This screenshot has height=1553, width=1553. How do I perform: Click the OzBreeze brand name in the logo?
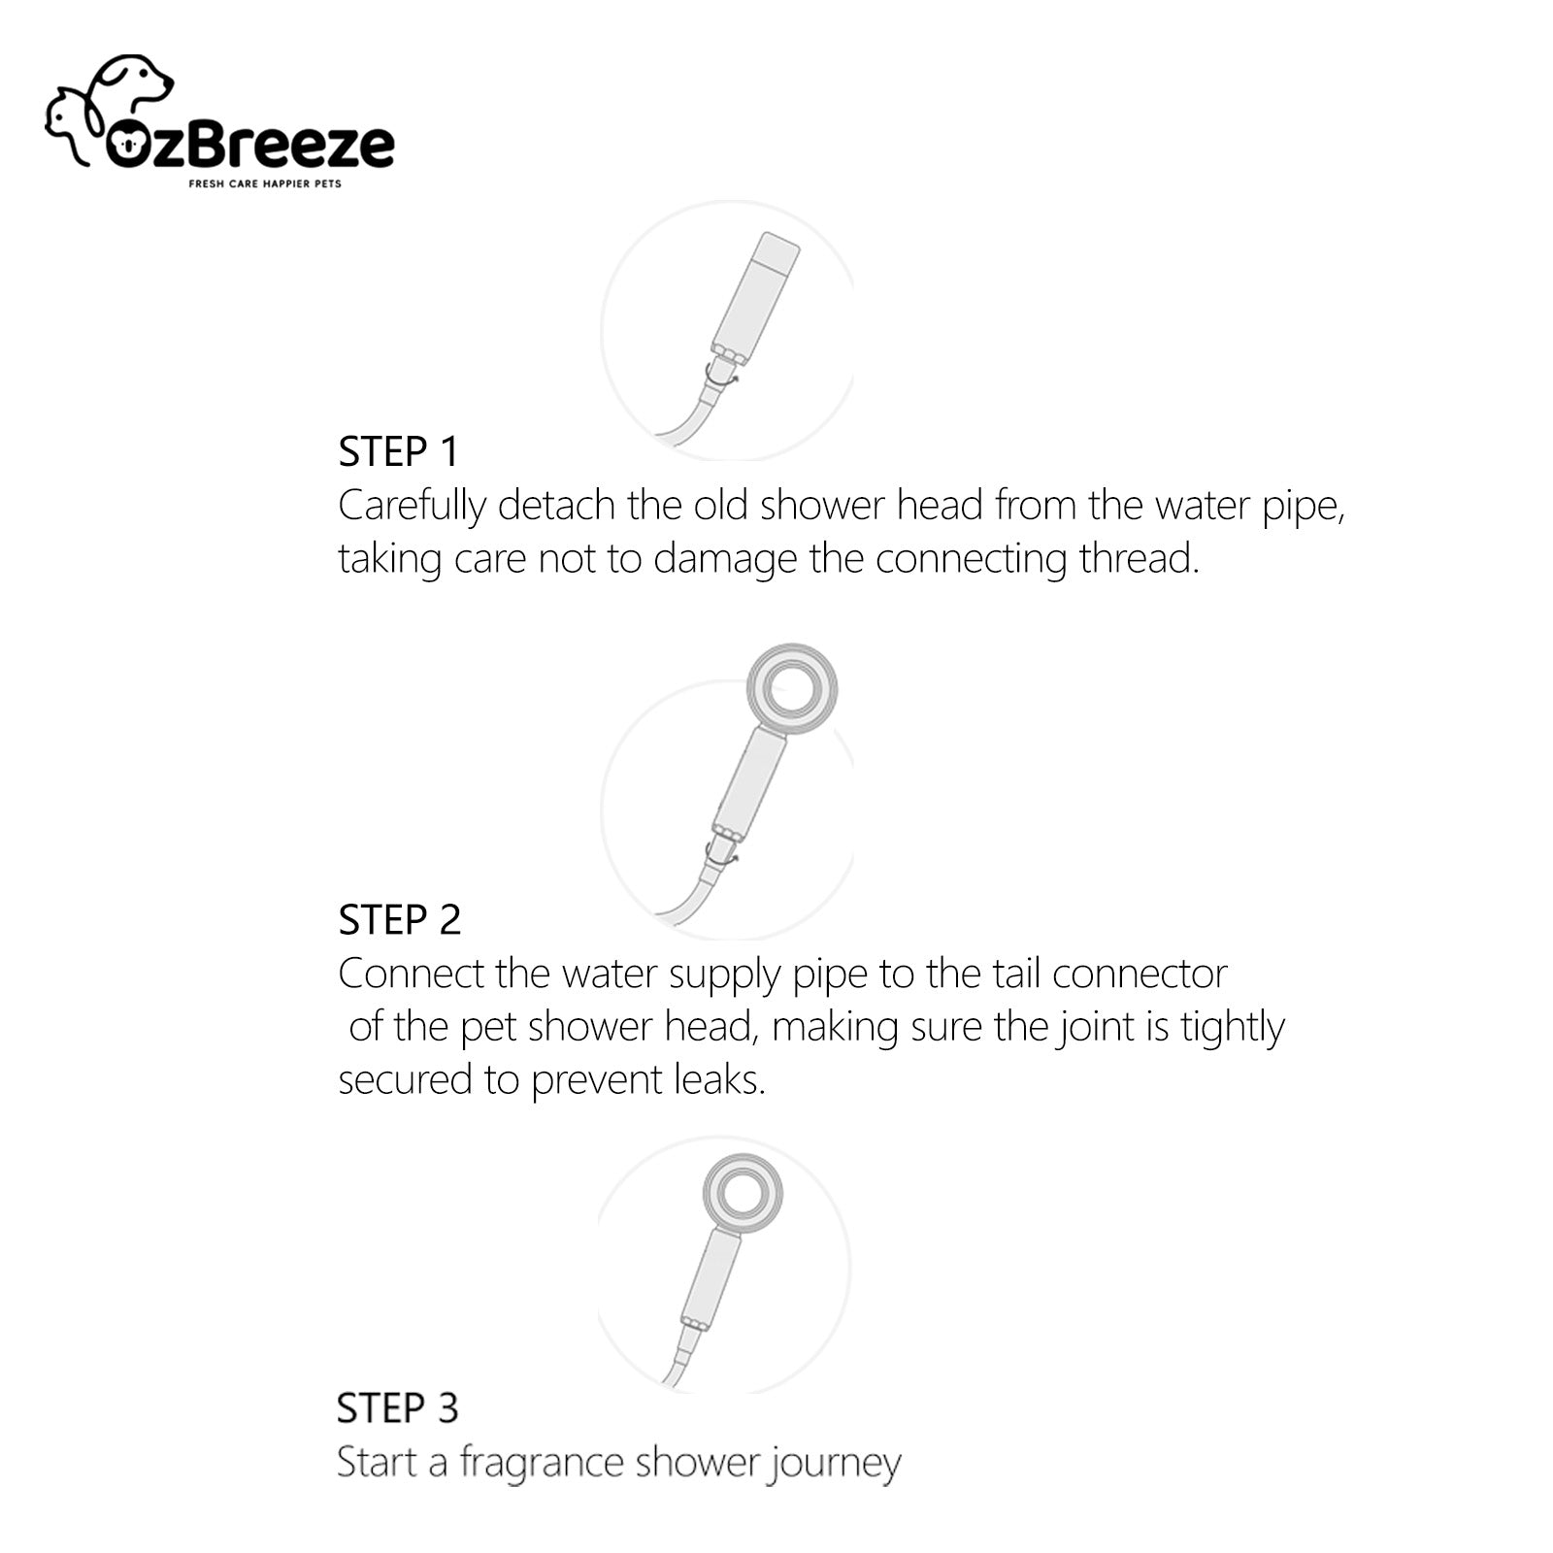click(x=249, y=147)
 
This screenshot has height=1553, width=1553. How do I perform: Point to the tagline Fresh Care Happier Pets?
click(x=265, y=183)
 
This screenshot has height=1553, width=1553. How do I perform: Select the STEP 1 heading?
click(x=398, y=451)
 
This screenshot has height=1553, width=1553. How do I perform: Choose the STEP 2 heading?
click(x=399, y=920)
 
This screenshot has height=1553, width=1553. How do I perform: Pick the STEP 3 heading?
click(x=397, y=1408)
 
